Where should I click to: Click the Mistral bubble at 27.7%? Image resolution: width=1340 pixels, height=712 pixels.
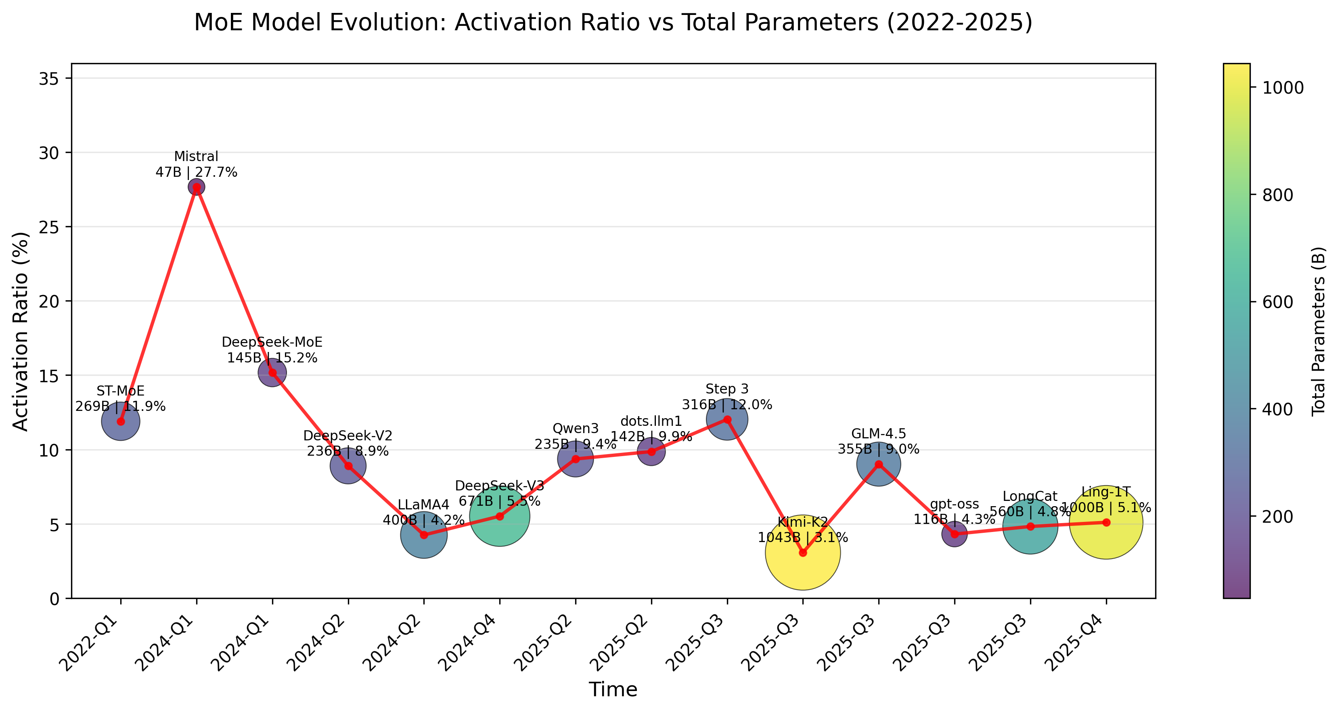point(196,187)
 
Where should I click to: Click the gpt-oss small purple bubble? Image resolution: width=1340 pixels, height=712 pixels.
point(955,534)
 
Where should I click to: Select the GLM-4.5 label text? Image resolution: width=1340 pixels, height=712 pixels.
point(878,433)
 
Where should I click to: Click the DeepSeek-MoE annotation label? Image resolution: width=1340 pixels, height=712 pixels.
point(272,342)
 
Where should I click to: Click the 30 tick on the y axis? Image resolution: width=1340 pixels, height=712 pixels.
point(49,153)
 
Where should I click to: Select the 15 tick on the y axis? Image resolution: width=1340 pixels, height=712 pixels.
point(49,375)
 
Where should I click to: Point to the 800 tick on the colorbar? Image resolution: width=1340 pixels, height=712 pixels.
point(1278,195)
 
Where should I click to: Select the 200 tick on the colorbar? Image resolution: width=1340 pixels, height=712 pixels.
point(1278,517)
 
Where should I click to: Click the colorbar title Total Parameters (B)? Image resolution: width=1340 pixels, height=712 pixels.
point(1318,331)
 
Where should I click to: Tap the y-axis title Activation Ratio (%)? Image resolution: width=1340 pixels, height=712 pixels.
point(21,331)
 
